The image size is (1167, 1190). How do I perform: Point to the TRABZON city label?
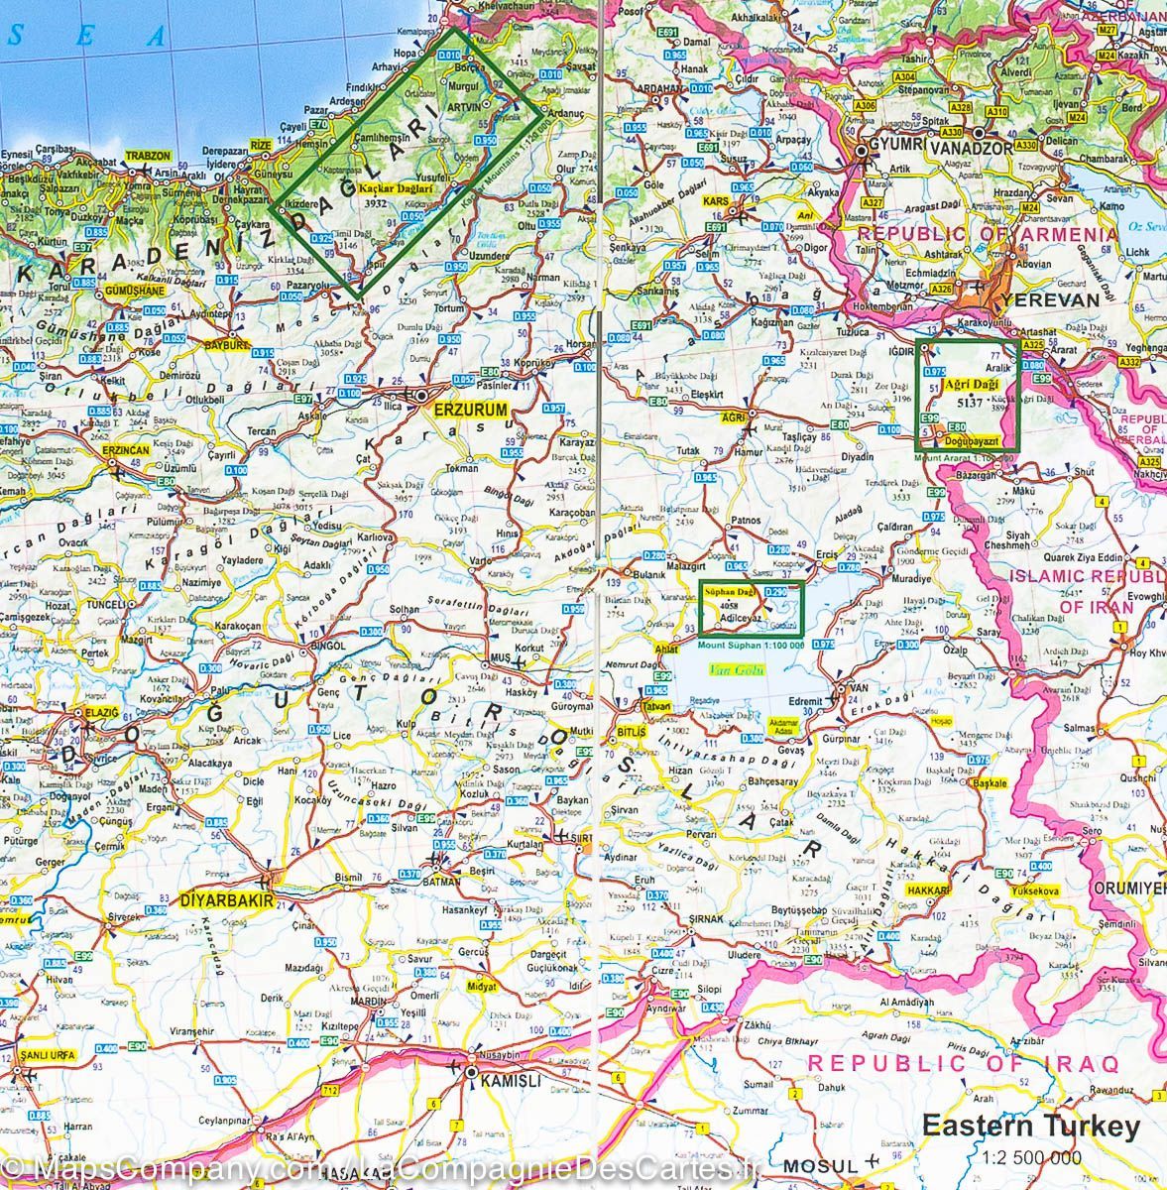(148, 157)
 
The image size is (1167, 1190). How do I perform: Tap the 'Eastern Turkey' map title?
(1031, 1128)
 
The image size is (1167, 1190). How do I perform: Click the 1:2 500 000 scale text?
(1031, 1156)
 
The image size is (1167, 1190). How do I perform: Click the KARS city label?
(715, 201)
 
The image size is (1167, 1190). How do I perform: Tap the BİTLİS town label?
(631, 731)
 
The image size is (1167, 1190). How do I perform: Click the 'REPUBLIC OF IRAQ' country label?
(963, 1063)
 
